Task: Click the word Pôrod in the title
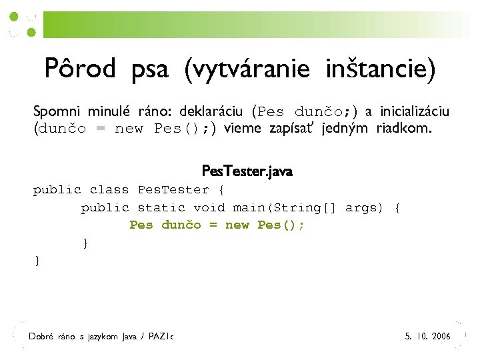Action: (80, 68)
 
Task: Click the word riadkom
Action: (404, 128)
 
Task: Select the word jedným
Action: (346, 128)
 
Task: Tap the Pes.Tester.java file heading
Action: (247, 172)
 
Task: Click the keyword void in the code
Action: (209, 208)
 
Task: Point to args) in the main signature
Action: (364, 208)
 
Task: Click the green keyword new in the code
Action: (237, 225)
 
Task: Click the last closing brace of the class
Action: (37, 261)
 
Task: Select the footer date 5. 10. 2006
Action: (427, 337)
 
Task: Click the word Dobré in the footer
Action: (41, 337)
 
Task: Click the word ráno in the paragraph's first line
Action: (157, 111)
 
